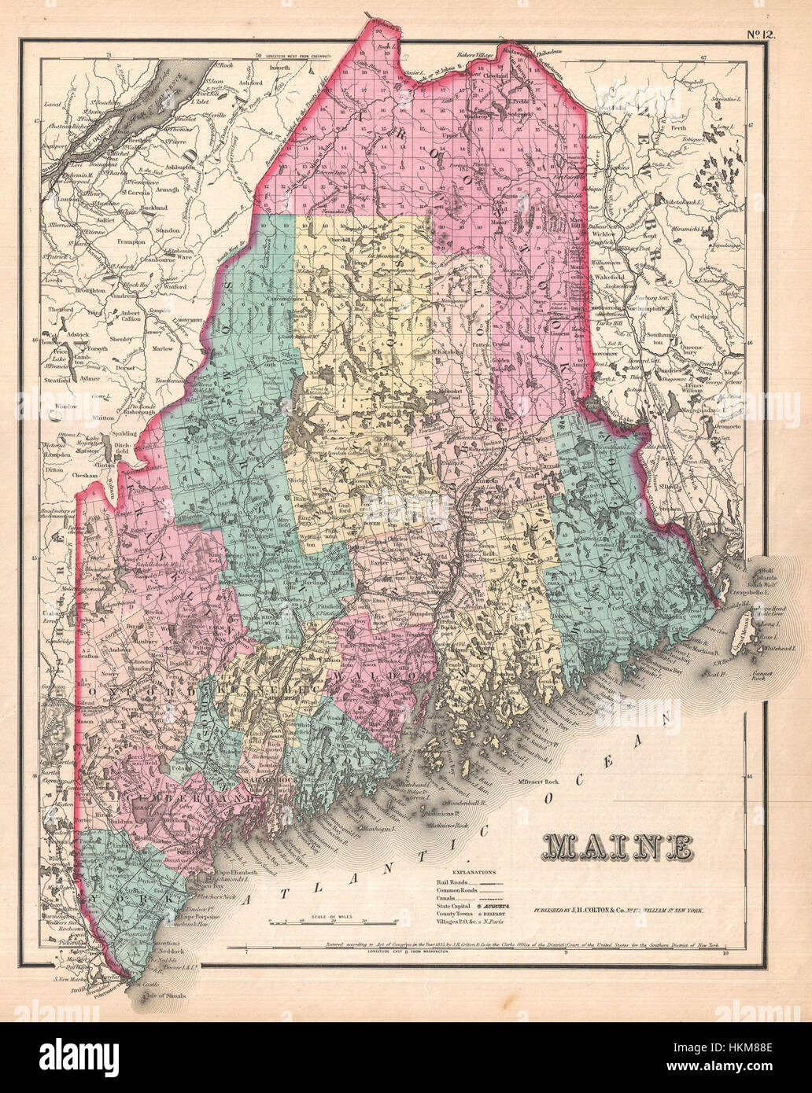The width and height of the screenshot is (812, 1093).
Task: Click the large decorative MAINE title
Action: [618, 846]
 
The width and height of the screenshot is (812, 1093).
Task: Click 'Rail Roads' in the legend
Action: [452, 881]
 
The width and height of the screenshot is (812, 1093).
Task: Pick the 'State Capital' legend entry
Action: [456, 906]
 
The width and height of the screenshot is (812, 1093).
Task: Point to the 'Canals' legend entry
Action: [447, 898]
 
